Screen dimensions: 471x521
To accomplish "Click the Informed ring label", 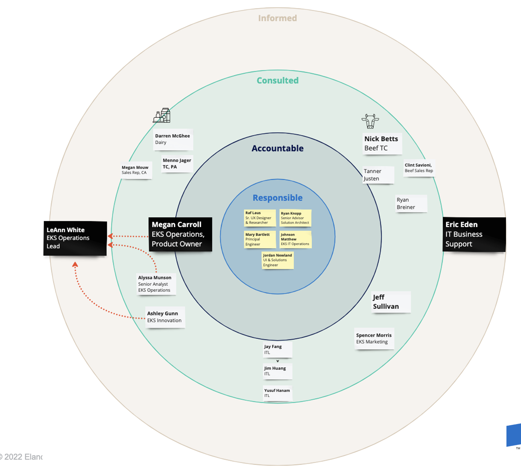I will [x=277, y=18].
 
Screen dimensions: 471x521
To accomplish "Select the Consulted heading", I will [x=277, y=81].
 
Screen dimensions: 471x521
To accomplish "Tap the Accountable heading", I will [x=277, y=149].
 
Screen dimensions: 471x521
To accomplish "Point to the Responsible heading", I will [x=277, y=198].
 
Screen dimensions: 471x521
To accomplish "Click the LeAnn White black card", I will [x=75, y=238].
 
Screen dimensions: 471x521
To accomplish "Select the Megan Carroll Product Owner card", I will [x=180, y=234].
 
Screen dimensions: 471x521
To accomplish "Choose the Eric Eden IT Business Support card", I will [x=474, y=234].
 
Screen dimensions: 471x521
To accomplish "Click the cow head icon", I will [x=370, y=121].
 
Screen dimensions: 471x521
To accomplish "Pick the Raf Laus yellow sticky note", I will [x=260, y=218].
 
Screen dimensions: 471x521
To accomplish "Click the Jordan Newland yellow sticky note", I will [x=277, y=260].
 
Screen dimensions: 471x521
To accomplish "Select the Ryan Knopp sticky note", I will [x=295, y=218].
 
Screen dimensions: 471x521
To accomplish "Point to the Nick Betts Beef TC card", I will [x=382, y=144].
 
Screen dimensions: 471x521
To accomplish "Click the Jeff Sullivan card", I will [x=391, y=302].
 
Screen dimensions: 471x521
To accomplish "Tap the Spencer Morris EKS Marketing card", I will [x=374, y=339].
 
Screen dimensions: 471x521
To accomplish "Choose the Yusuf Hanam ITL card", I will [x=277, y=393].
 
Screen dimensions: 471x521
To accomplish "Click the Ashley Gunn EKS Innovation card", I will [x=165, y=317].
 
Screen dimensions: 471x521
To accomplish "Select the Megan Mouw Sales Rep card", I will [x=136, y=170].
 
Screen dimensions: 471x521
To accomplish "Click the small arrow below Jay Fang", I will [x=277, y=361].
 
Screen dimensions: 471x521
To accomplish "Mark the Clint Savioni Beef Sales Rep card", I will [x=419, y=168].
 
